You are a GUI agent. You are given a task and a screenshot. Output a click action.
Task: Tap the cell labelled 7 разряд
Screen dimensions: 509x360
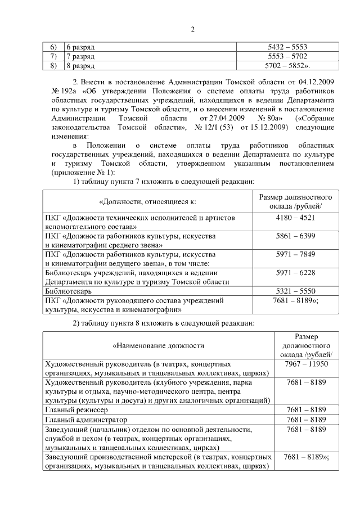pos(80,57)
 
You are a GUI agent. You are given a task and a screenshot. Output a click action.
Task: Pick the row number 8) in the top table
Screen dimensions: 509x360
pos(53,66)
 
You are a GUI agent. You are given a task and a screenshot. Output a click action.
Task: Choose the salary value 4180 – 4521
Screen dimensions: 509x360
pos(291,217)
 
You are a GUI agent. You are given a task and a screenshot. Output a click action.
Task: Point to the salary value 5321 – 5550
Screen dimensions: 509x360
pos(291,291)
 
